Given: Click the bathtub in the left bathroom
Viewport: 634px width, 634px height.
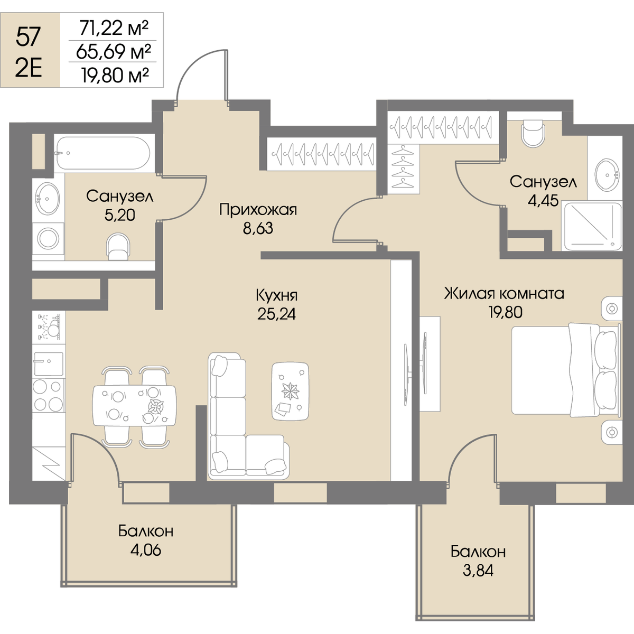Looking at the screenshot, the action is [104, 153].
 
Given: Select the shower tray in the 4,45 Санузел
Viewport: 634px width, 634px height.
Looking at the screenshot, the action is [593, 226].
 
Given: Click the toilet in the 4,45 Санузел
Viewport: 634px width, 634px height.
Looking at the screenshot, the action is [533, 133].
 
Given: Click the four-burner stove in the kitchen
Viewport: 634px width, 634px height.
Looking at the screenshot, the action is [49, 396].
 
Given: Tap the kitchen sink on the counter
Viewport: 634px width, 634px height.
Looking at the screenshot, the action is [49, 363].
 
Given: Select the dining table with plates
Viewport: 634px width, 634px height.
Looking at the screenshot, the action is [134, 406].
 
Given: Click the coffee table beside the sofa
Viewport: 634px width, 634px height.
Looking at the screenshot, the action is [290, 391].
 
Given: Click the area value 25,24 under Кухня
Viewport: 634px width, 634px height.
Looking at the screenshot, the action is [276, 314].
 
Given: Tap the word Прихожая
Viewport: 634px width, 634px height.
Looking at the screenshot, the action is [258, 210].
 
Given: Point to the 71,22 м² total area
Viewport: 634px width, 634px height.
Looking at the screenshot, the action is [114, 27].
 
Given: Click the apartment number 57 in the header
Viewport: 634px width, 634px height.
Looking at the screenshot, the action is [28, 36].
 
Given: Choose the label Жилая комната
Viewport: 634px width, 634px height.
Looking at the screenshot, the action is [504, 293].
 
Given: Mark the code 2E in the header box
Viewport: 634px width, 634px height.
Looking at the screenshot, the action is [29, 69].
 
